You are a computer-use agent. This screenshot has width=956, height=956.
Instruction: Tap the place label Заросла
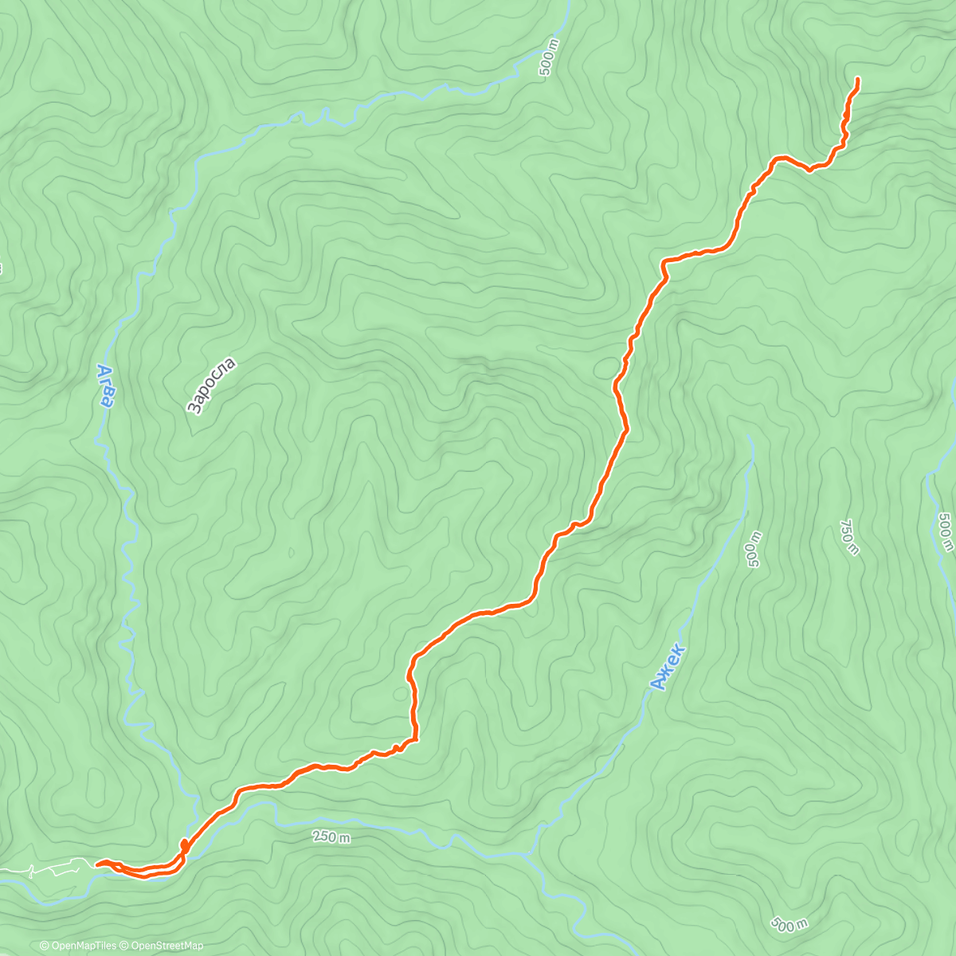[211, 386]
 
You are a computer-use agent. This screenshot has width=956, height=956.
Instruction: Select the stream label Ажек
[667, 667]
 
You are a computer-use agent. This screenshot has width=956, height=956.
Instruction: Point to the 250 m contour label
[331, 837]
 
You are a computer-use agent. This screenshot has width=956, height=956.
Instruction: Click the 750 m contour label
[849, 538]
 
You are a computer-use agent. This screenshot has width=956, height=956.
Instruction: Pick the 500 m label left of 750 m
[752, 549]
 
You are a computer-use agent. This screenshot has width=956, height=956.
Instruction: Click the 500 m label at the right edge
[945, 532]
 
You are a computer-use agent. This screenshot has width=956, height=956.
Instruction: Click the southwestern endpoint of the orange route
[97, 863]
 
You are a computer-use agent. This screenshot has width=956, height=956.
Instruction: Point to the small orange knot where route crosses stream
[185, 844]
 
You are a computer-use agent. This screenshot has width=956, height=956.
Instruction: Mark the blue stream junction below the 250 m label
[532, 855]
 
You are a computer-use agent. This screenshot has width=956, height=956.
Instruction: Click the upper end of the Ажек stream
[750, 437]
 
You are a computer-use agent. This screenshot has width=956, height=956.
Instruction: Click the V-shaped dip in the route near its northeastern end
[810, 170]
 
